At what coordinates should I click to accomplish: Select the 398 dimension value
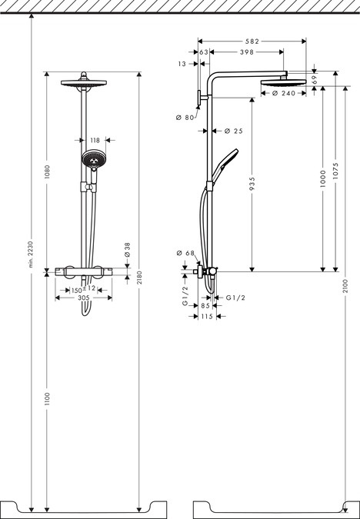[x=246, y=52]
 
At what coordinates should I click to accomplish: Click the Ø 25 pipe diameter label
[x=232, y=131]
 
